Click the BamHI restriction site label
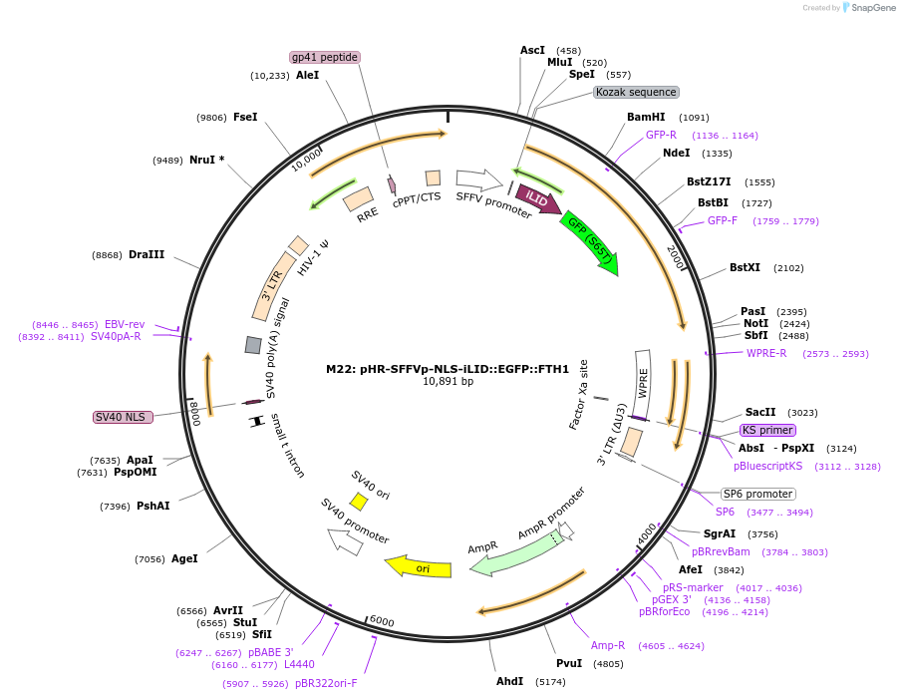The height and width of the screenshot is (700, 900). pos(646,117)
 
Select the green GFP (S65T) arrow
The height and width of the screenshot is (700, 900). pos(590,241)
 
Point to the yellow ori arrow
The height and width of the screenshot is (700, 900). pos(418,567)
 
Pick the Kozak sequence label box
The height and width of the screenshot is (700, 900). pos(636,92)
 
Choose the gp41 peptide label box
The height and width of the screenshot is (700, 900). pos(325,57)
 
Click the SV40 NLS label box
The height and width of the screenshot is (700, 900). pos(124,417)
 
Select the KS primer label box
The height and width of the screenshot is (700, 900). pos(767,431)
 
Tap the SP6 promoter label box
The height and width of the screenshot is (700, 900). pos(757,495)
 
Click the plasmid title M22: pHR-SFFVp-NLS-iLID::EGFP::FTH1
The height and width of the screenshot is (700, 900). pos(448,368)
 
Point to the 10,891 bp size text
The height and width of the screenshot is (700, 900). pos(448,382)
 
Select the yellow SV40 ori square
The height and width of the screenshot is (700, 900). pos(358,501)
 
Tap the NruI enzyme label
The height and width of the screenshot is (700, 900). pos(207,160)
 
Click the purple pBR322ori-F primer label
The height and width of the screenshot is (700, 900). pos(325,683)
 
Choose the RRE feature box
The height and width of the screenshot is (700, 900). pos(358,199)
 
